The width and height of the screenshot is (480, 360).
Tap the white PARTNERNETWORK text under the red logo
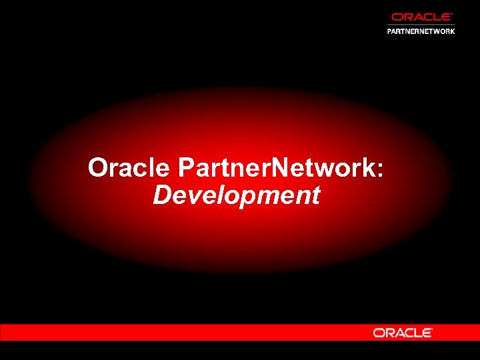(x=421, y=31)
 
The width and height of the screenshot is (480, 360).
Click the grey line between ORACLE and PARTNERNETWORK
(x=421, y=25)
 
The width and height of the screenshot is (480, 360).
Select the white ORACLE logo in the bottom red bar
(x=403, y=333)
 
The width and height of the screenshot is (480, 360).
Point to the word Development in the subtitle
(x=237, y=196)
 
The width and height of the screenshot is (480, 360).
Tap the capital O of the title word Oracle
(x=99, y=168)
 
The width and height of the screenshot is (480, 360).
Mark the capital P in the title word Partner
(x=186, y=168)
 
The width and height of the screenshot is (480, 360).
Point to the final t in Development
(x=315, y=196)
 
